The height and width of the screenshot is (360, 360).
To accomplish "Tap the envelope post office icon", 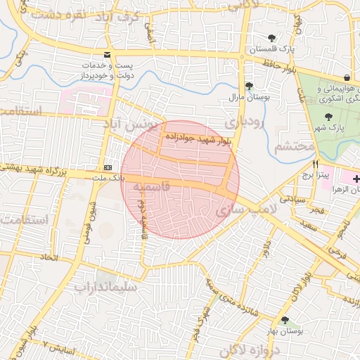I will point(107,55).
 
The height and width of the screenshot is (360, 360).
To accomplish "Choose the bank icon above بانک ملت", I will point(108,168).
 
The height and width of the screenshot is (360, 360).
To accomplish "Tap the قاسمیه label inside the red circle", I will point(146,188).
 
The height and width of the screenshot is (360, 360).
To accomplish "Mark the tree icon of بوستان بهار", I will point(284,320).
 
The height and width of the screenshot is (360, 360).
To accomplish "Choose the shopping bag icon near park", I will point(347,77).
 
